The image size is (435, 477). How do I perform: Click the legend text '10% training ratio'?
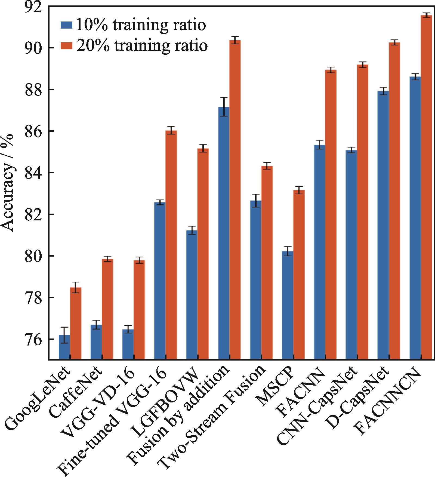[141, 25]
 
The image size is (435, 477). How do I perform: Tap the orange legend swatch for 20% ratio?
[66, 45]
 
